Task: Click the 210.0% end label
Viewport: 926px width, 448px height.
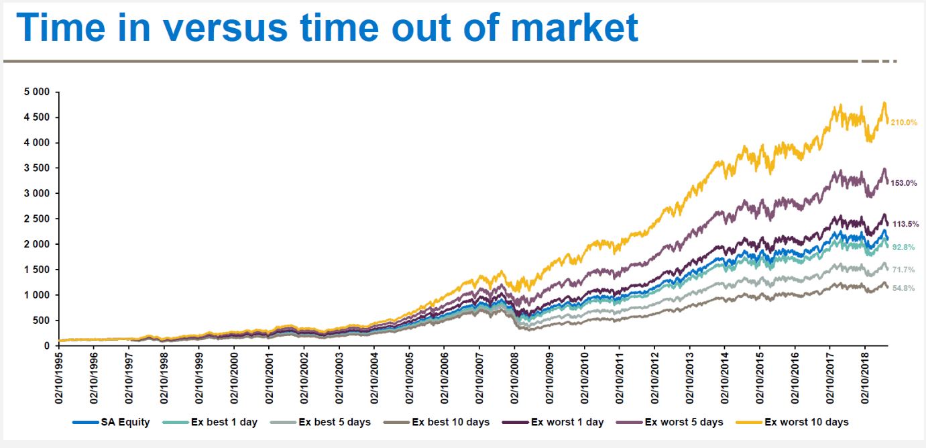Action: click(x=904, y=123)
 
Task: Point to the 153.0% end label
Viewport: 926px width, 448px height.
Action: click(x=904, y=183)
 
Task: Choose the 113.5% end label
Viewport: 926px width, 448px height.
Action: click(x=904, y=224)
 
